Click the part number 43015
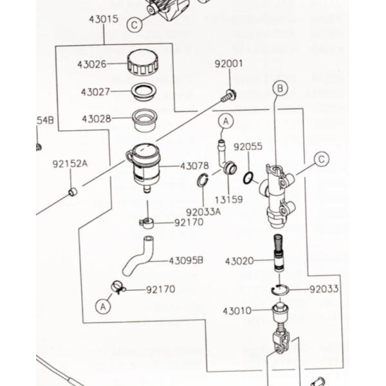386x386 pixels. tap(104, 19)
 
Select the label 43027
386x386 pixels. tap(96, 91)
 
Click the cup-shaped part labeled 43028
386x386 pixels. tap(145, 119)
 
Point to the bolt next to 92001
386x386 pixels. tap(226, 96)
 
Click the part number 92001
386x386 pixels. tap(228, 64)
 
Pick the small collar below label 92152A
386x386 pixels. tap(73, 192)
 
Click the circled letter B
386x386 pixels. tap(279, 88)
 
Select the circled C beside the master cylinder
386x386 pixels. tap(321, 159)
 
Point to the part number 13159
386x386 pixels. tap(228, 199)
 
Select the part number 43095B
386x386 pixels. tap(187, 261)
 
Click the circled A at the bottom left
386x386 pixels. tap(102, 308)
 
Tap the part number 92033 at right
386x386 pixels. tap(324, 289)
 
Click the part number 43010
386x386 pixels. tap(237, 311)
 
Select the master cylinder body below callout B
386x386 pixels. tap(278, 196)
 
